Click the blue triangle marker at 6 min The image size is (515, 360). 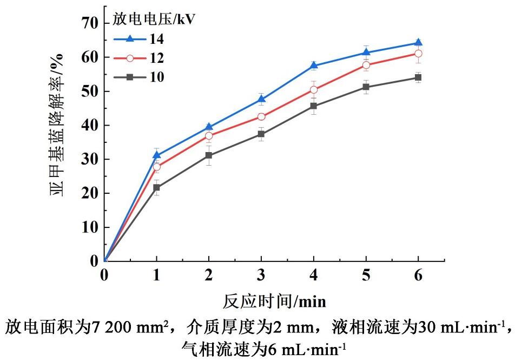coord(418,43)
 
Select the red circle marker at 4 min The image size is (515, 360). coord(313,90)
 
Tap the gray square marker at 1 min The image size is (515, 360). coord(156,188)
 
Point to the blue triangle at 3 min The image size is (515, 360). coord(261,99)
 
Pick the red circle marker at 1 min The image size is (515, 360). coord(156,167)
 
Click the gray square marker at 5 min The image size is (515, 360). coord(366,87)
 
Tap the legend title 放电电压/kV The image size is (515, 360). coord(154,19)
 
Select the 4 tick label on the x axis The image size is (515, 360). coord(313,275)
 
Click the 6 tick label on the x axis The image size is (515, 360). coord(418,275)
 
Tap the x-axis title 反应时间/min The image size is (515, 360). coord(274,299)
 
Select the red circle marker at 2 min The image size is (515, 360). coord(209,136)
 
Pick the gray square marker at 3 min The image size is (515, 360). coord(261,134)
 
